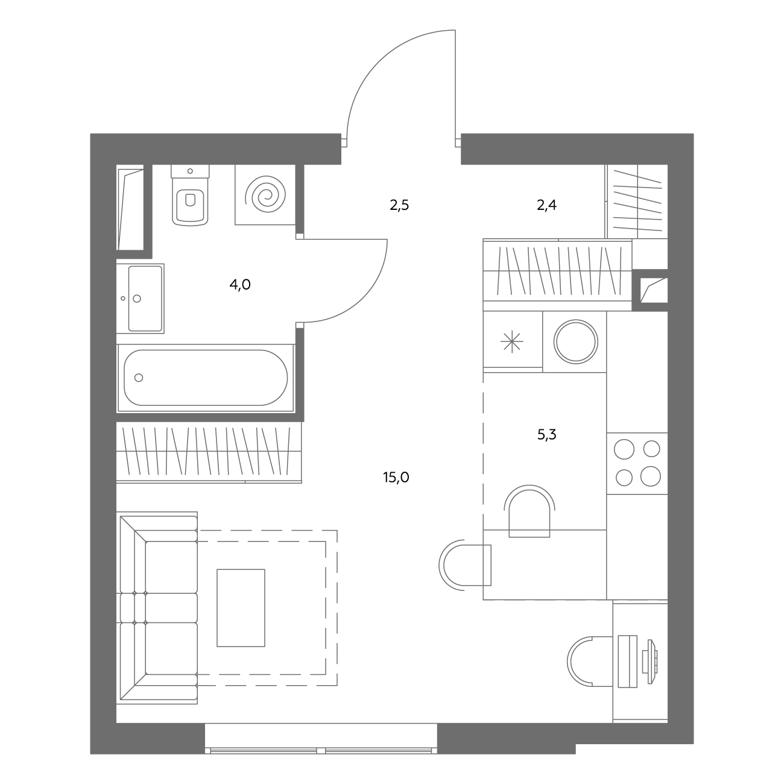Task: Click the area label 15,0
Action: (396, 477)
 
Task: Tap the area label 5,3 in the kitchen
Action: (546, 435)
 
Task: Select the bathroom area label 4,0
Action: (240, 285)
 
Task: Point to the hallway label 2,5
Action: (399, 205)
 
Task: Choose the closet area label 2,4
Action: (546, 205)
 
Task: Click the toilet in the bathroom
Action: (190, 195)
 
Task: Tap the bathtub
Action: (206, 378)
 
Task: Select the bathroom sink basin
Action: (145, 298)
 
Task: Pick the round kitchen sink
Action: (575, 341)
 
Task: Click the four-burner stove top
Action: (637, 463)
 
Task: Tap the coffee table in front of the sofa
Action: (241, 608)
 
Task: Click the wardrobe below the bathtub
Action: (209, 452)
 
